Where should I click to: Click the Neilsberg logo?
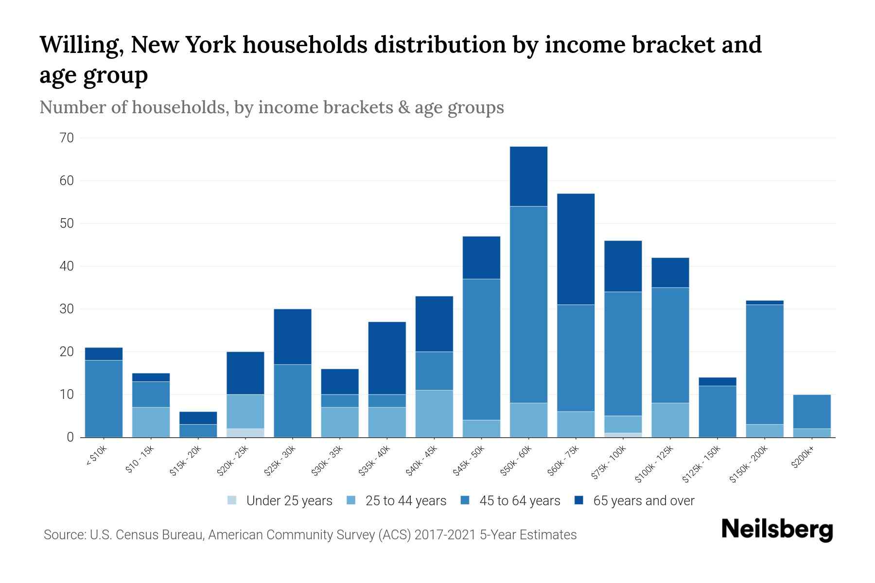tap(777, 530)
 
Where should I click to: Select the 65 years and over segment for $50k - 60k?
tap(528, 176)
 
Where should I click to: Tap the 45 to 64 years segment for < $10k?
tap(104, 398)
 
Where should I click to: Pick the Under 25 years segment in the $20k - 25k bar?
tap(245, 433)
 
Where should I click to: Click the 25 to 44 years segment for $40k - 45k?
tap(434, 413)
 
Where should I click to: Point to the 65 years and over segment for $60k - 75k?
tap(576, 249)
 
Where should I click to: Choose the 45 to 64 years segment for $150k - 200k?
tap(765, 364)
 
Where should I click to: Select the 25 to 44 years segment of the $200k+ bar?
tap(812, 433)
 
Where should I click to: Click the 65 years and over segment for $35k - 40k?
tap(387, 358)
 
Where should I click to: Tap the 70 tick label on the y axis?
tap(67, 138)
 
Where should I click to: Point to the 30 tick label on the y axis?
tap(67, 309)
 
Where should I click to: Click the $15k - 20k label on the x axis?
tap(186, 462)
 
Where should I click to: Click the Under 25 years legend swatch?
tap(232, 500)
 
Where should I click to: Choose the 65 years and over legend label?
tap(644, 501)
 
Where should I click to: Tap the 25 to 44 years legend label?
tap(405, 501)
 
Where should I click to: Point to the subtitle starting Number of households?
tap(272, 107)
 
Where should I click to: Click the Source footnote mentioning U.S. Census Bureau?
tap(310, 535)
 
